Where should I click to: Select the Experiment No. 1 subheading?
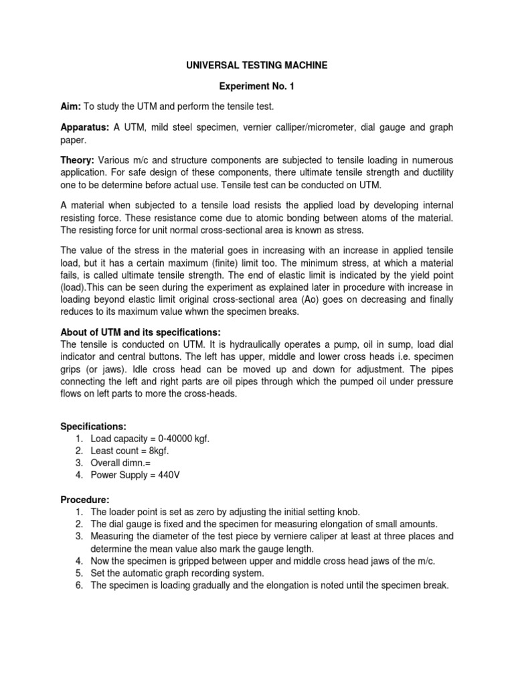click(257, 87)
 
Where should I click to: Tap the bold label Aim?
click(72, 107)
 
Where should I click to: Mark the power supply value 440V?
click(167, 475)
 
